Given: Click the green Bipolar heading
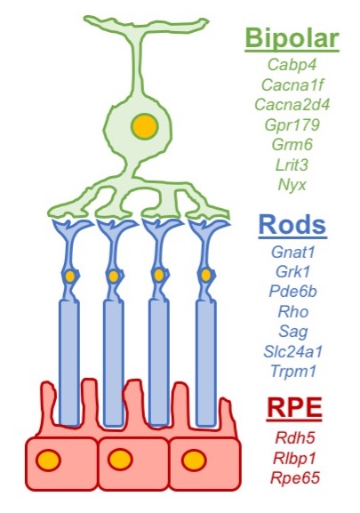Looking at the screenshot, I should pyautogui.click(x=292, y=40).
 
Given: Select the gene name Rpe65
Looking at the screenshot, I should pyautogui.click(x=292, y=477).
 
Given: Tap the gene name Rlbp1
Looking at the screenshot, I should pyautogui.click(x=292, y=457).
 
